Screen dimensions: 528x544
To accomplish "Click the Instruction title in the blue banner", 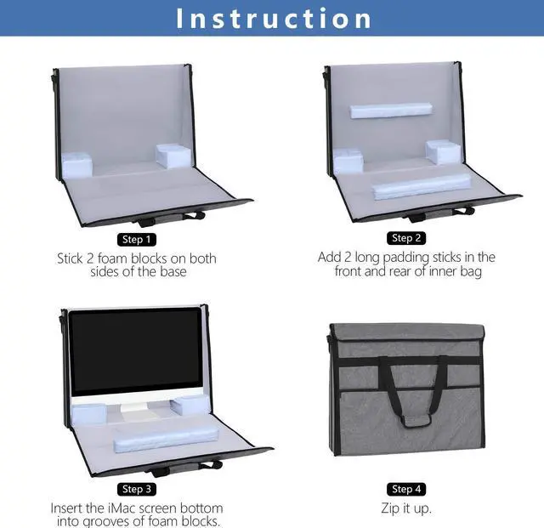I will [x=273, y=18].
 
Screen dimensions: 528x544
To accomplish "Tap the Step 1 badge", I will [x=137, y=239].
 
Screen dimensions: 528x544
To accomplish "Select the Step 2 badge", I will [x=406, y=238].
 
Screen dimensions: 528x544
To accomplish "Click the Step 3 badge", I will [x=137, y=489].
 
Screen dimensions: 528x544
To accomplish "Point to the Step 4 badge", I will [x=406, y=489].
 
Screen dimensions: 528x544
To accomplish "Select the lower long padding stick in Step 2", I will [x=422, y=185].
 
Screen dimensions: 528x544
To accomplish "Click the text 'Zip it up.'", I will [x=406, y=508].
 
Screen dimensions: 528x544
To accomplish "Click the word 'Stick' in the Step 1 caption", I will [x=74, y=258].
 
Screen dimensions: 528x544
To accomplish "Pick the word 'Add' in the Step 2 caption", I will [x=331, y=257].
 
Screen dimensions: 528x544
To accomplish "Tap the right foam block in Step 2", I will [x=443, y=152].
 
